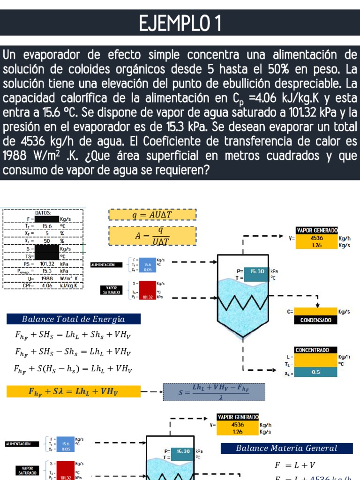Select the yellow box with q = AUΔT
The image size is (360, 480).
[152, 215]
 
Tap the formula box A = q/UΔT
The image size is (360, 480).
[152, 236]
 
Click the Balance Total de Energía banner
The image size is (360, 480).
[73, 319]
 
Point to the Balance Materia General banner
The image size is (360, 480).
[286, 448]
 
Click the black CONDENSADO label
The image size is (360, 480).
[315, 321]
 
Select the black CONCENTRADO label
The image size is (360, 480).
[315, 350]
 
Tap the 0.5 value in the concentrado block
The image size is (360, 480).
[315, 372]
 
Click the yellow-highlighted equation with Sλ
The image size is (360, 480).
[74, 391]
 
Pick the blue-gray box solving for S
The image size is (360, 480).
[214, 392]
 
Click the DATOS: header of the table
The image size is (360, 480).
[43, 213]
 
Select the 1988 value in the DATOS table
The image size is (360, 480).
[47, 278]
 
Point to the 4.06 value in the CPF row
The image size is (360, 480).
[47, 285]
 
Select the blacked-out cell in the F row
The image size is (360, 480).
[47, 219]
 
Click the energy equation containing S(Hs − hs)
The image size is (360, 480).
[73, 369]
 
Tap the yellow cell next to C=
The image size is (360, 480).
[315, 311]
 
